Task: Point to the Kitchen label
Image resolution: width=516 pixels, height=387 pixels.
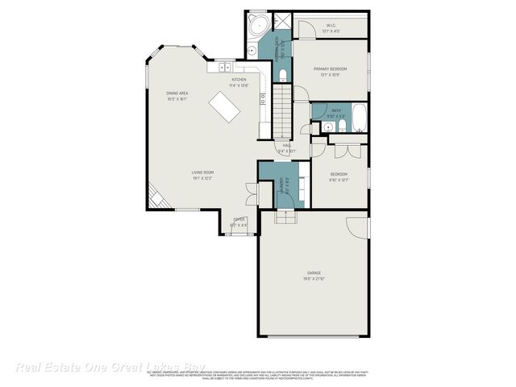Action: click(239, 80)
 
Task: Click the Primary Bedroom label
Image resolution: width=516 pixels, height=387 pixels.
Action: click(330, 69)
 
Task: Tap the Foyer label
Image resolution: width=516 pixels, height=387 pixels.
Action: click(239, 219)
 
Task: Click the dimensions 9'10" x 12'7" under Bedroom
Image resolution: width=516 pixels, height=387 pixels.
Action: click(339, 181)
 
